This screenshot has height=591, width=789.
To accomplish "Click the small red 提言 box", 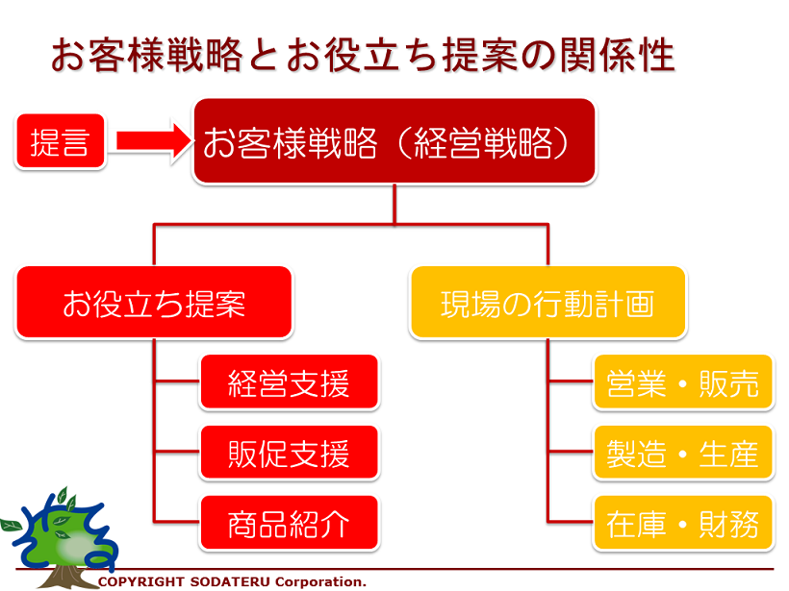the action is [x=61, y=141].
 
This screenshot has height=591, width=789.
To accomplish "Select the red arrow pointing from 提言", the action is [x=155, y=141].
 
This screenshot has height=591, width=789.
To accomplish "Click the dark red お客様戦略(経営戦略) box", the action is [x=394, y=141].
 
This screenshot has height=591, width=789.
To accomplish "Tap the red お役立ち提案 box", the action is [x=154, y=303].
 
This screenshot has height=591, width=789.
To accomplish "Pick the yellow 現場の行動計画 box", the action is [x=548, y=303].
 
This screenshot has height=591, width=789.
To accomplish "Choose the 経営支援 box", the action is [x=290, y=382].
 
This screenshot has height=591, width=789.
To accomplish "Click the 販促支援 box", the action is [x=290, y=453].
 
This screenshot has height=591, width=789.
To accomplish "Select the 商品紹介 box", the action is [x=290, y=523].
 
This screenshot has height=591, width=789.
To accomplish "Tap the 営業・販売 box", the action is [x=683, y=382].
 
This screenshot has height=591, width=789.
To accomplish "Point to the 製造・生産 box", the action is [x=683, y=453].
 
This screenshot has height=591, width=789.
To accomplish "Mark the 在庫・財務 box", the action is [x=683, y=523].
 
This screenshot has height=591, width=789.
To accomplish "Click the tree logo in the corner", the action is [x=61, y=538].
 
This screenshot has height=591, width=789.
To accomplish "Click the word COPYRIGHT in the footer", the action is [x=141, y=581].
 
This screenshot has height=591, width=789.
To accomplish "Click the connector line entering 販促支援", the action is [x=177, y=452].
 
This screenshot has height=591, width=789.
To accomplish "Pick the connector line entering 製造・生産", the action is [x=572, y=452].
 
